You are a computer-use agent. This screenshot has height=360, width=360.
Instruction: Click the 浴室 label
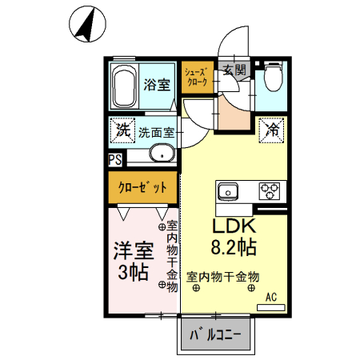[156, 83]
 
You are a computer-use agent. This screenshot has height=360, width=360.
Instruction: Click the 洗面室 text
[156, 133]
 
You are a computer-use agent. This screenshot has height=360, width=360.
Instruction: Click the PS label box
[114, 159]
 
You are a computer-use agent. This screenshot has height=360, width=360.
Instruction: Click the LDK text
[232, 227]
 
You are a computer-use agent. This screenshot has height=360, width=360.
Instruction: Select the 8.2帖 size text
[232, 245]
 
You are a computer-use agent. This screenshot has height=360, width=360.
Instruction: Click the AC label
[271, 298]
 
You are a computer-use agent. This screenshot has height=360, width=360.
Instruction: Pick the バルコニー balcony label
[214, 336]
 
